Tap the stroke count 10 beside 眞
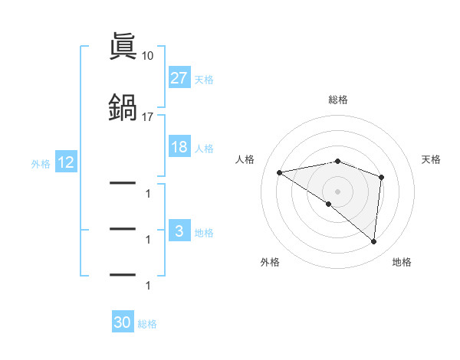[x=148, y=56]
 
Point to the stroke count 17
[x=148, y=117]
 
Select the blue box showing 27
[x=179, y=78]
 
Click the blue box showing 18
[x=179, y=147]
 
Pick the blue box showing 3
[x=179, y=232]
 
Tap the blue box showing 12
[x=65, y=163]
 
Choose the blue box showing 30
[x=123, y=322]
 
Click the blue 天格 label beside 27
[x=204, y=80]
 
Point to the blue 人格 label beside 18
[x=204, y=149]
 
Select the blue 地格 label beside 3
[x=204, y=233]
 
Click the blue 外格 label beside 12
[x=41, y=164]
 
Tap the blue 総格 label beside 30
[x=147, y=324]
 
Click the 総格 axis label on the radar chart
[x=338, y=100]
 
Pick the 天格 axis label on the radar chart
[x=432, y=159]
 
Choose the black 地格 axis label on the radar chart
[x=402, y=262]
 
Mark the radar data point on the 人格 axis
[x=280, y=172]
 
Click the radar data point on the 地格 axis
[x=374, y=242]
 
